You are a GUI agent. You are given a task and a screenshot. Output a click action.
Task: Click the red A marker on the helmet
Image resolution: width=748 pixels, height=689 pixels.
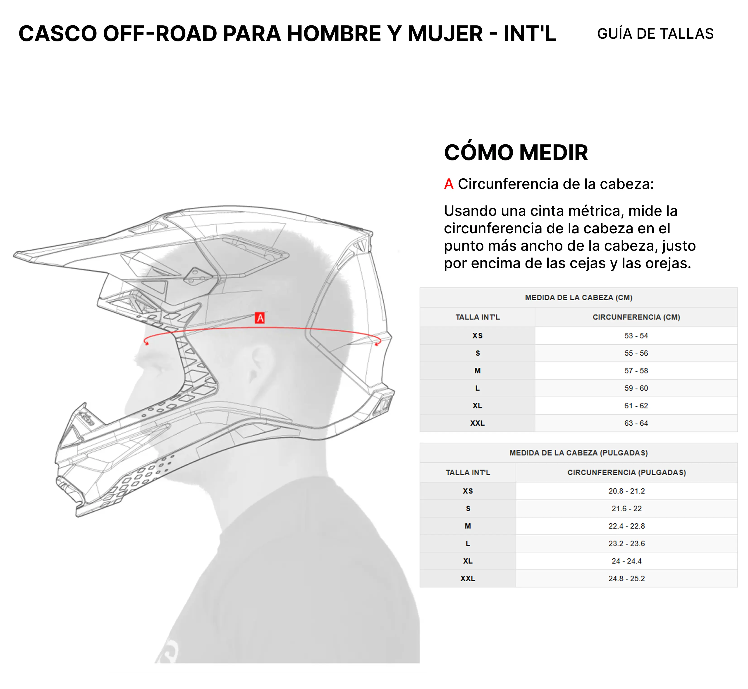[x=260, y=318]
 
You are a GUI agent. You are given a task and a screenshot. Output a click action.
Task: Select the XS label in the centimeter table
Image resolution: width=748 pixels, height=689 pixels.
[x=477, y=336]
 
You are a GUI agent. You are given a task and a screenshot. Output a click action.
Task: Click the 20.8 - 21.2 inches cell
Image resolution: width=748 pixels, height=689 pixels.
[x=626, y=491]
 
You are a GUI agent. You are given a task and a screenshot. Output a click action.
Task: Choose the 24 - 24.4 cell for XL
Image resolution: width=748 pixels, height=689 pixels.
[x=626, y=561]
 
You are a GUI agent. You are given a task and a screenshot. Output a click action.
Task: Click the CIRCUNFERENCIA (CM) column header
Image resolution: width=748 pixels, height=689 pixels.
[x=636, y=317]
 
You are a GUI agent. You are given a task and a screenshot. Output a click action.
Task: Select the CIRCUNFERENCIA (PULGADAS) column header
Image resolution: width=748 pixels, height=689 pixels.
[x=626, y=472]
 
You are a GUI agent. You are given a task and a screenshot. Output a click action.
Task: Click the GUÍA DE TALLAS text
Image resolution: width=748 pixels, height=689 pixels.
[x=655, y=34]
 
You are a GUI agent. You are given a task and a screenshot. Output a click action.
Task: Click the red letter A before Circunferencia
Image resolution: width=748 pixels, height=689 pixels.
[x=449, y=184]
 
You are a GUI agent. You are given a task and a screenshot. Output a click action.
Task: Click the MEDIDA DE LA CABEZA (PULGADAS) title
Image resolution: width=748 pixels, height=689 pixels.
[x=578, y=453]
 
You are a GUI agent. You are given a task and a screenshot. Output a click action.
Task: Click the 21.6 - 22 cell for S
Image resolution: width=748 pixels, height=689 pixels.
[x=626, y=509]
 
